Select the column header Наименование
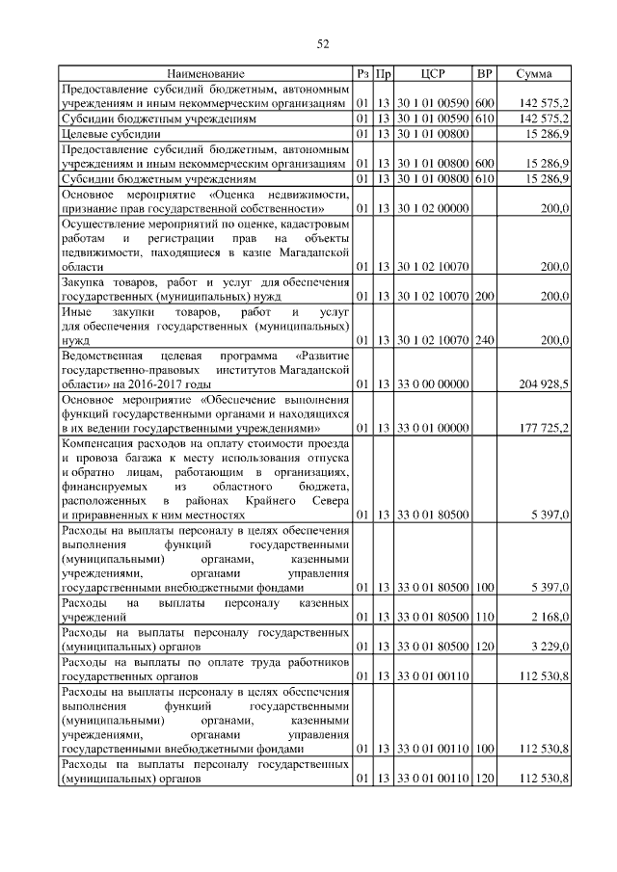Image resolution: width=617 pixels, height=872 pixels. point(204,73)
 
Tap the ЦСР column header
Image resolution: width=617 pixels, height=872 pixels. point(433,73)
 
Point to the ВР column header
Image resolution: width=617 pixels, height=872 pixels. point(485,73)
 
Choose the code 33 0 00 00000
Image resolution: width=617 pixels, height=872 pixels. point(433,383)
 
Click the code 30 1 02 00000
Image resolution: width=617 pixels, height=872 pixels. point(433,208)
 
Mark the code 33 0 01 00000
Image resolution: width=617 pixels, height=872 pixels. point(433,427)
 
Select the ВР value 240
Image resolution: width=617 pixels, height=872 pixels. point(485,340)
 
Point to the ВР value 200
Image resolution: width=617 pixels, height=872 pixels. point(485,297)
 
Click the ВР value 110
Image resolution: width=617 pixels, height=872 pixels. point(485,616)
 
